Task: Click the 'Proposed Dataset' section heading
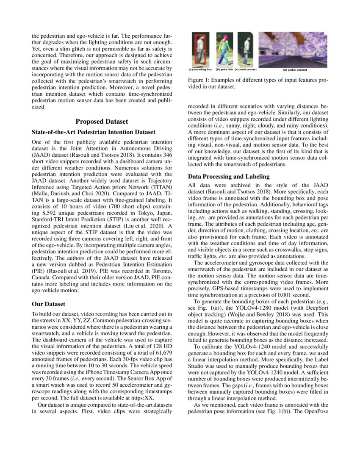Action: pyautogui.click(x=101, y=122)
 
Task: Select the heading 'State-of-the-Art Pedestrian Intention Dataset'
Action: pyautogui.click(x=93, y=132)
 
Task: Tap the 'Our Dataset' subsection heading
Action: pyautogui.click(x=49, y=304)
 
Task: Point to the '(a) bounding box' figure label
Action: pyautogui.click(x=200, y=69)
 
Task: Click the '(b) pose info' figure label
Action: pyautogui.click(x=224, y=69)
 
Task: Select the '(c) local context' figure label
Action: pyautogui.click(x=246, y=69)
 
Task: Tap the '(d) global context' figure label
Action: pyautogui.click(x=295, y=69)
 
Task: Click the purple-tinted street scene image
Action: pyautogui.click(x=295, y=50)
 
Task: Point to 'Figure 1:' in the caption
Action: pyautogui.click(x=199, y=80)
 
